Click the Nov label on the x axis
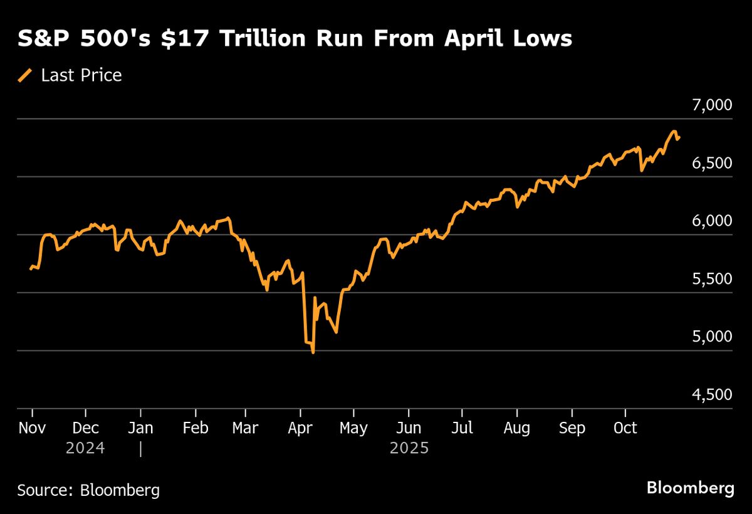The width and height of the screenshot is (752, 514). (x=31, y=428)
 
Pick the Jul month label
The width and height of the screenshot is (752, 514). (x=462, y=428)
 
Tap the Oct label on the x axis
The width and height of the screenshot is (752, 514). (x=625, y=428)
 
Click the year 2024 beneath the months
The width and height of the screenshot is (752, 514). (x=85, y=449)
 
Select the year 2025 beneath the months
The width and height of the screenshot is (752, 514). (x=409, y=449)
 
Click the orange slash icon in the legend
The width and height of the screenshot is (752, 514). (x=25, y=76)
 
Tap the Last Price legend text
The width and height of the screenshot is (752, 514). (x=81, y=76)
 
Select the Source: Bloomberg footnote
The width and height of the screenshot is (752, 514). (x=88, y=490)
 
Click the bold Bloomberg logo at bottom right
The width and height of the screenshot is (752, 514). (x=690, y=488)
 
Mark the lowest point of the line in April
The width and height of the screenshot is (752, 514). (x=313, y=353)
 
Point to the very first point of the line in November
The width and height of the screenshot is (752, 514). (x=31, y=269)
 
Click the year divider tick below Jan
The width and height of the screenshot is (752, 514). (x=141, y=449)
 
